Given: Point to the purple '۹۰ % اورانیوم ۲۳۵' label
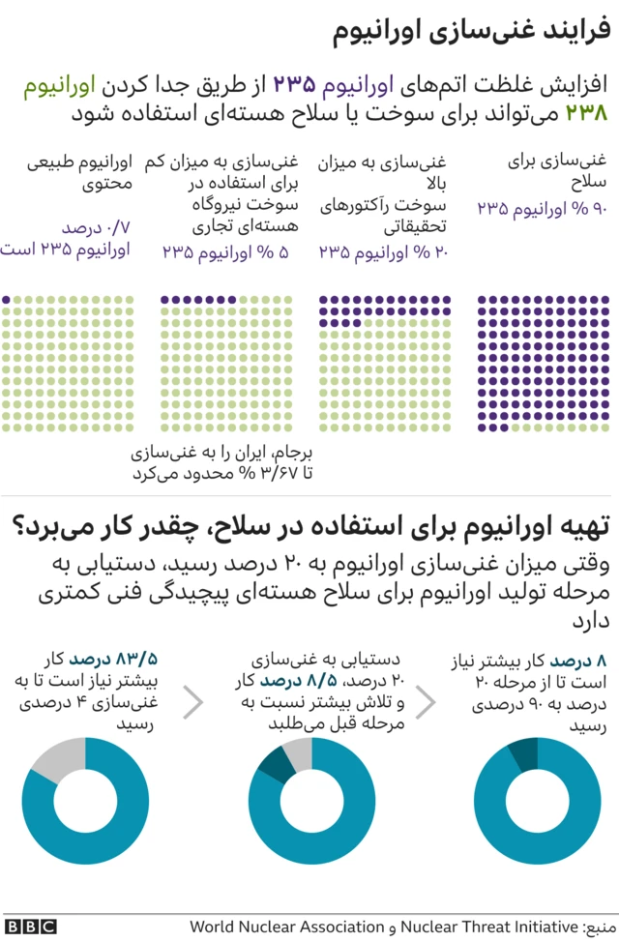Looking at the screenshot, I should [543, 207].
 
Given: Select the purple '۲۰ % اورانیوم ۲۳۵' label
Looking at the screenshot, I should [382, 252].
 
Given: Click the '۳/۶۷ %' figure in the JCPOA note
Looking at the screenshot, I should [260, 472].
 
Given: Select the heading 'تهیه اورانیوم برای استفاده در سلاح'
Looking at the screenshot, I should [406, 526].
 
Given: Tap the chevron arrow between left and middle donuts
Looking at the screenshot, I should [193, 703].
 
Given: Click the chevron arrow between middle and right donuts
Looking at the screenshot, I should [427, 703].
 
